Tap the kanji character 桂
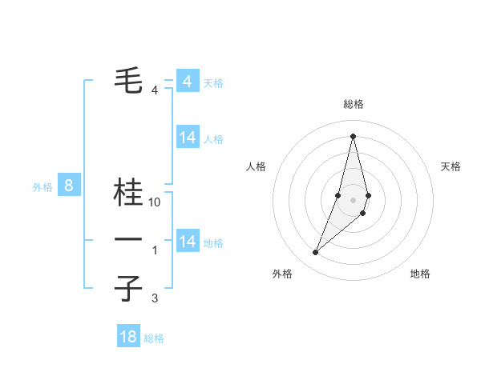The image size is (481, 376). (128, 193)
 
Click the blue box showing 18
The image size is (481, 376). (128, 337)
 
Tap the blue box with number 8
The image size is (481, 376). (69, 186)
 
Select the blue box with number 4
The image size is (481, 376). (187, 82)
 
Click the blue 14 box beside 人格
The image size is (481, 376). (188, 138)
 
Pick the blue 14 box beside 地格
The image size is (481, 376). (188, 242)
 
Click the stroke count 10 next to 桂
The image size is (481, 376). (155, 203)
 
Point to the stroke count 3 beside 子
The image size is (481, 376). (155, 298)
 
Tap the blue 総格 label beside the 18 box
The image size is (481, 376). (154, 338)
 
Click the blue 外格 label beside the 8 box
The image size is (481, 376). (42, 188)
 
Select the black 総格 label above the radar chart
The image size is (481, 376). (353, 104)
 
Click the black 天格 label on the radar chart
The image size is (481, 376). (451, 166)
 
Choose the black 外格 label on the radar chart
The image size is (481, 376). (282, 274)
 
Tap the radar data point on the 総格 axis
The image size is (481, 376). (353, 135)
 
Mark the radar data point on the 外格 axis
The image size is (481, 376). (315, 253)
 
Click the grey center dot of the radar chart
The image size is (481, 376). (353, 198)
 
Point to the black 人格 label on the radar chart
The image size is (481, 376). (257, 166)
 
